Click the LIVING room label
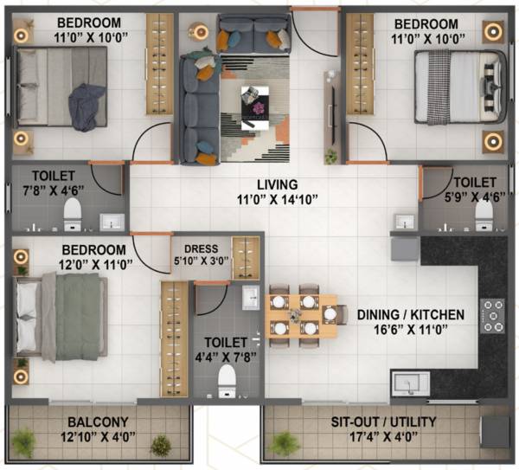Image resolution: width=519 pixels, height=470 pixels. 278,184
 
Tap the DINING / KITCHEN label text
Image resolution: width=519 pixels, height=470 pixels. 411,315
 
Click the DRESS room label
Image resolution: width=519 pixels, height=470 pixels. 201,247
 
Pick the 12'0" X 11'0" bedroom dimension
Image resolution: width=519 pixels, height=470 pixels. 72,265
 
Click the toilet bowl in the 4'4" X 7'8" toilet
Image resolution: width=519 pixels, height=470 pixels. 227,378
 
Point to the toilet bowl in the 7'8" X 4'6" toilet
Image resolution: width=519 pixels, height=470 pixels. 73,211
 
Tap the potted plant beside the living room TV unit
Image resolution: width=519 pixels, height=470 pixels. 330,156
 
